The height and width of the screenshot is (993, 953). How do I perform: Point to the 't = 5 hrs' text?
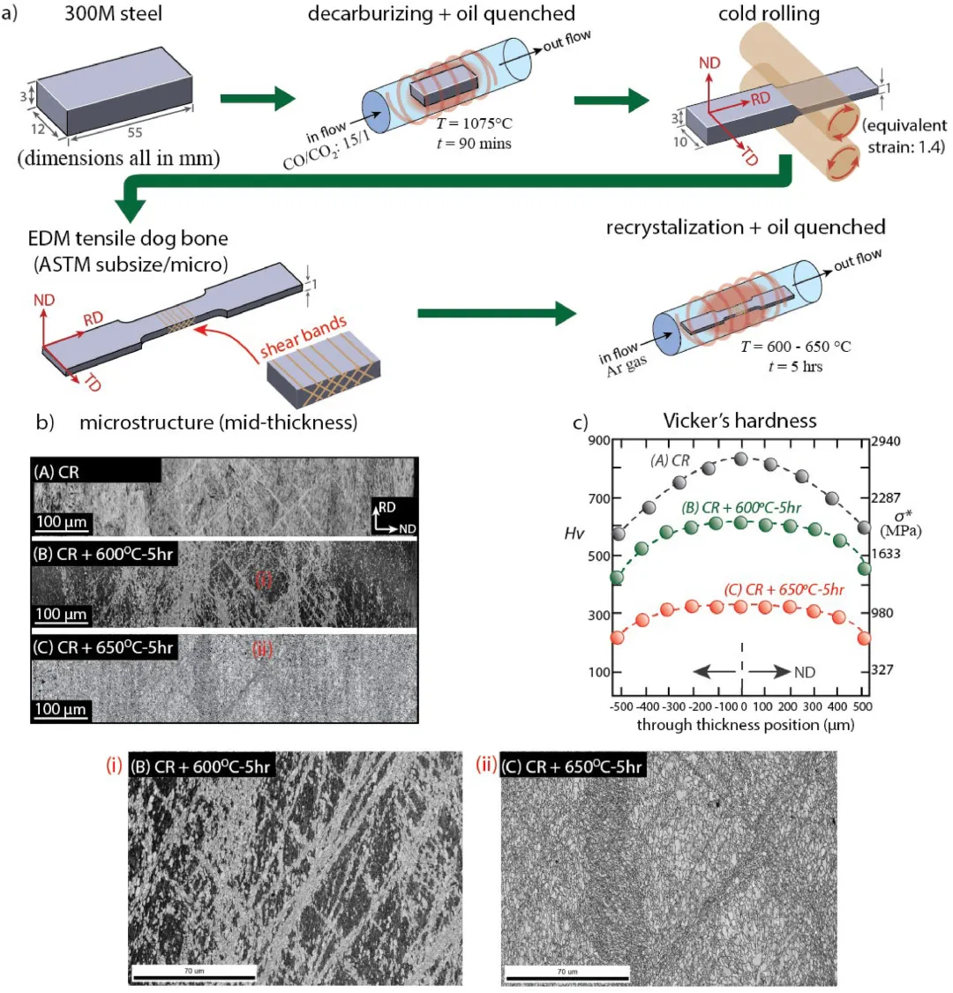click(795, 365)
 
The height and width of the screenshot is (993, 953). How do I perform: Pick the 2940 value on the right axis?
click(885, 441)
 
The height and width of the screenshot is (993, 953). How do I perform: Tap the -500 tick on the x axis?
click(618, 706)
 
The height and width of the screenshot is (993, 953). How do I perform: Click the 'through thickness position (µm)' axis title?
click(745, 725)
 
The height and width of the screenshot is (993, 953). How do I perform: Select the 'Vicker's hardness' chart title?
click(739, 421)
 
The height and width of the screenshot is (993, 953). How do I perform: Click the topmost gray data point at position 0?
click(741, 459)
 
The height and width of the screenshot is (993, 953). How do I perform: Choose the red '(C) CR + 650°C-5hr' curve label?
click(795, 589)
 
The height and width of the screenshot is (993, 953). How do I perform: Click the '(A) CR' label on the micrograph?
click(57, 472)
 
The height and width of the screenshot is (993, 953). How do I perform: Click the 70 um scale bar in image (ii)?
click(560, 972)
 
